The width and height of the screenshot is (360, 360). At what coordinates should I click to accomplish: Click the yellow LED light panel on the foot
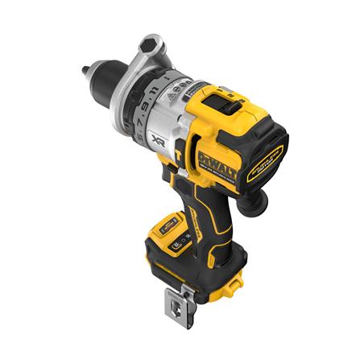(168, 228)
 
